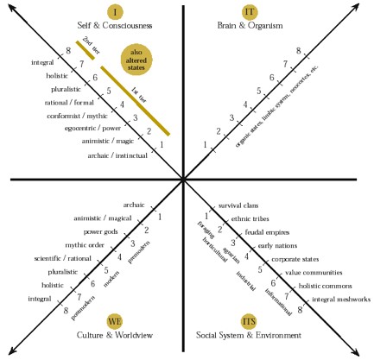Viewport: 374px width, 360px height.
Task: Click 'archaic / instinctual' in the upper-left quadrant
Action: [x=116, y=155]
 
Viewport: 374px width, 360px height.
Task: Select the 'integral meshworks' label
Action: [x=340, y=300]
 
